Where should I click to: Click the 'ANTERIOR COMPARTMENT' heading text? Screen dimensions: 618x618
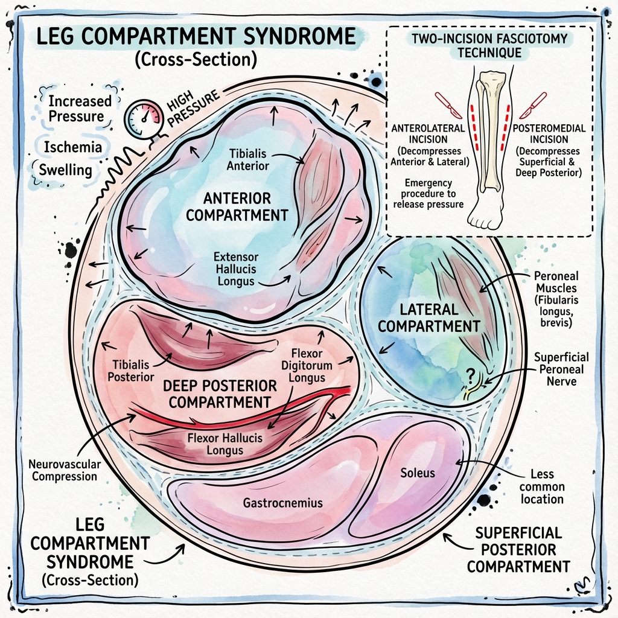point(237,206)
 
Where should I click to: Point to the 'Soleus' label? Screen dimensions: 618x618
point(418,472)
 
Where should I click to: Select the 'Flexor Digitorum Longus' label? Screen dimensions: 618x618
point(307,366)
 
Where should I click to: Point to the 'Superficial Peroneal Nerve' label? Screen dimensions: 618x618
point(561,369)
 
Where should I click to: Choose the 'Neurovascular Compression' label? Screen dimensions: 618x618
point(65,470)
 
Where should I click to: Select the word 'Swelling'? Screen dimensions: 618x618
point(65,170)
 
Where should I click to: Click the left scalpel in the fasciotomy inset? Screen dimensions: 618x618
point(449,104)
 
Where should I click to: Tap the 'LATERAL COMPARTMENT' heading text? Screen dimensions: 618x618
point(440,318)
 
